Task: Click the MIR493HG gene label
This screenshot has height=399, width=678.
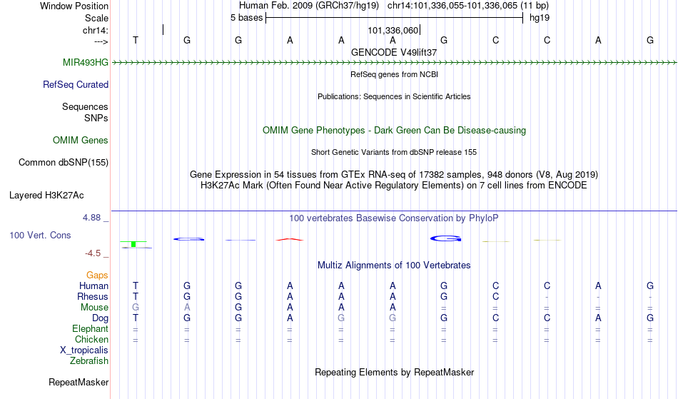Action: (x=86, y=62)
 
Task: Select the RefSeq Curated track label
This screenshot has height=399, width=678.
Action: (x=76, y=84)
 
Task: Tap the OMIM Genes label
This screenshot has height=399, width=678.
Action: (x=81, y=140)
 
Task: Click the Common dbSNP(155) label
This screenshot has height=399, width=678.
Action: (x=64, y=163)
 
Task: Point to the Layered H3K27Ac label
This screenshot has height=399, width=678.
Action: (x=46, y=196)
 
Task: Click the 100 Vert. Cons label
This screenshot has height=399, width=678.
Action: (x=40, y=235)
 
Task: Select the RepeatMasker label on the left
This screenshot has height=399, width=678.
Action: (x=79, y=382)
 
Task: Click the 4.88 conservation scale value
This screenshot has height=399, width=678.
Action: (x=91, y=218)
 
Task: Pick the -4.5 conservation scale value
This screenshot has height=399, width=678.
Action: (x=93, y=253)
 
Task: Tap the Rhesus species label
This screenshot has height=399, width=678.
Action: (x=93, y=296)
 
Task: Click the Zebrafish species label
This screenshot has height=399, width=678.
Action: (x=89, y=360)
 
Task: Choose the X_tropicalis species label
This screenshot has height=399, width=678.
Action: (x=84, y=350)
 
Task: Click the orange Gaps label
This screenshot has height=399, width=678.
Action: (x=97, y=275)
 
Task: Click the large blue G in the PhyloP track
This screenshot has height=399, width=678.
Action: (x=446, y=238)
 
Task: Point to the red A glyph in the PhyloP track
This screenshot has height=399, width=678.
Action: (x=290, y=239)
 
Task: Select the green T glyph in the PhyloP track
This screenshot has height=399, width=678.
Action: (x=133, y=244)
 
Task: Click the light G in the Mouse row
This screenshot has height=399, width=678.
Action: (x=136, y=308)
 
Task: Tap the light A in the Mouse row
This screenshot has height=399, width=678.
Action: (x=187, y=308)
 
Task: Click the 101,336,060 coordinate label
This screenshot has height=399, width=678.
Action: (x=393, y=30)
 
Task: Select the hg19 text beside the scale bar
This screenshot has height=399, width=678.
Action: (x=540, y=18)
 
